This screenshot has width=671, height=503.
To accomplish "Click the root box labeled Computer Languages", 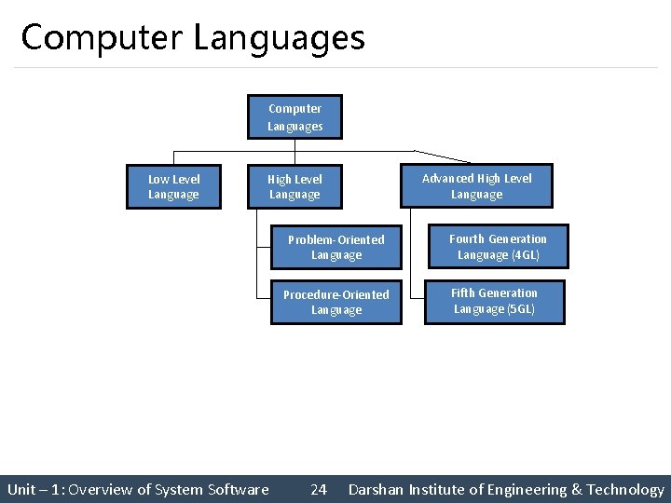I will coord(294,117).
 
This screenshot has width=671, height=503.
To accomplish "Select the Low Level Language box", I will coord(174,186).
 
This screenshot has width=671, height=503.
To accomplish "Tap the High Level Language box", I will coord(294,186).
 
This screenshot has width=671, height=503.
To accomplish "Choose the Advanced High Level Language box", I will coord(476,186).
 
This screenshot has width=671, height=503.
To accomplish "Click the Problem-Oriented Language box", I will coord(335,247).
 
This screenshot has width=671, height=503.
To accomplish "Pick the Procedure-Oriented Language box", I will coord(335,302).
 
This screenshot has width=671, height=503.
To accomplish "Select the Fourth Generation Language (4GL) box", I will coord(498,247).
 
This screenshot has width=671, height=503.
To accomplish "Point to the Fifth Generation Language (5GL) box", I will coord(494,301).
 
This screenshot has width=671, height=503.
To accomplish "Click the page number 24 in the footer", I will coord(319,490).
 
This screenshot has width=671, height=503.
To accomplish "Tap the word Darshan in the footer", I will coord(377,490).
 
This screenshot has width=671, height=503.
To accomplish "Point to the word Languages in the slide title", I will coord(280,38).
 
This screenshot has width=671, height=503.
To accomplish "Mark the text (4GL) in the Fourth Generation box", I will coord(525,255).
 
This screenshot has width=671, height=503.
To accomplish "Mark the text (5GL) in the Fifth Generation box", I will coord(520,309).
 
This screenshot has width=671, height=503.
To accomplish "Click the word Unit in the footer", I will coord(21,490).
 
